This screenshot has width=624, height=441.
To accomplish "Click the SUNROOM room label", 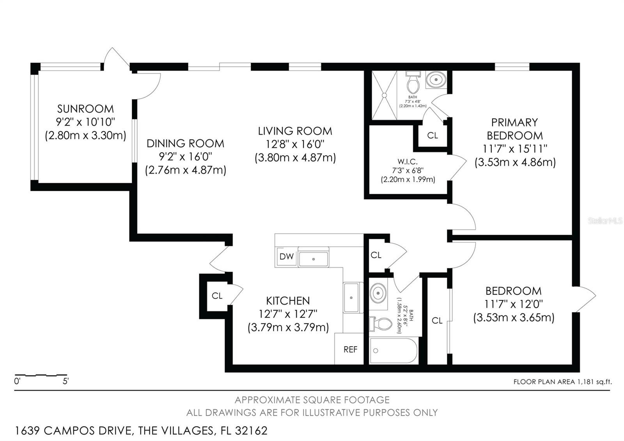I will [85, 108].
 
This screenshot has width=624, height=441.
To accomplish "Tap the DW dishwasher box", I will [286, 256].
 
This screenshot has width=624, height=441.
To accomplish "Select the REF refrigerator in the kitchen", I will [350, 350].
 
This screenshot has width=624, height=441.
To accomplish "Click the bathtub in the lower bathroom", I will [393, 350].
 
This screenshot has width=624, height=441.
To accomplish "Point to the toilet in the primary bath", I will [412, 82].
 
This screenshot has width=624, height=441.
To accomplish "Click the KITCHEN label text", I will [288, 301].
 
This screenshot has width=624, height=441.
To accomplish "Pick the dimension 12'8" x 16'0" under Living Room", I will [295, 144].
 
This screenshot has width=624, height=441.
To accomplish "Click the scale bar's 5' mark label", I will [66, 381].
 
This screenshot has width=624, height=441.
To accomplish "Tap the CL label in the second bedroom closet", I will [437, 320].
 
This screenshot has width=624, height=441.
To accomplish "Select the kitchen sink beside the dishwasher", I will [314, 258].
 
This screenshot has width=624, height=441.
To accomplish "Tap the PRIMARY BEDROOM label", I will [514, 129].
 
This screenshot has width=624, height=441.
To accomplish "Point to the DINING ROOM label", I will [185, 143].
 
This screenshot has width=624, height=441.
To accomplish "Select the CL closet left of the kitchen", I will [217, 296].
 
